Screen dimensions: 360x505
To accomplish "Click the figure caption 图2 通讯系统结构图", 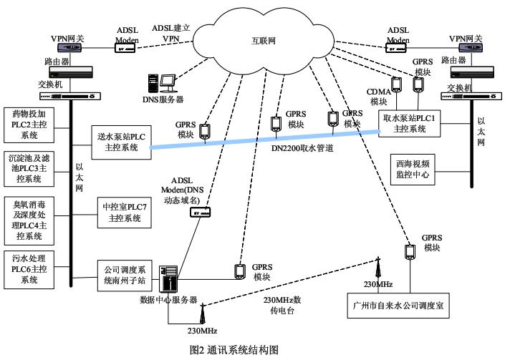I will (241, 349).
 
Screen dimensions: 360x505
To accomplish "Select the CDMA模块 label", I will (378, 97).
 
